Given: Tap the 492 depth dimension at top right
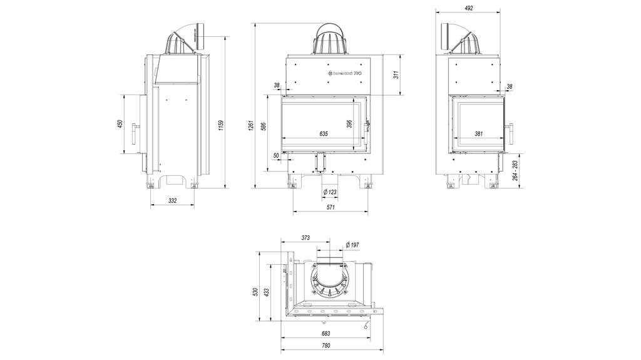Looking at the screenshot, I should pyautogui.click(x=469, y=8).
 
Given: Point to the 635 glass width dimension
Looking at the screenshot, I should pyautogui.click(x=323, y=134).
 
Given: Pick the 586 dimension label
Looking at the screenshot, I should pyautogui.click(x=264, y=126).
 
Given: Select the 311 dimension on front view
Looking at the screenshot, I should pyautogui.click(x=396, y=75).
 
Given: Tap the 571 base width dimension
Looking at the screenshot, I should pyautogui.click(x=329, y=208).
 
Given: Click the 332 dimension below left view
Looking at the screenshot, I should pyautogui.click(x=173, y=200).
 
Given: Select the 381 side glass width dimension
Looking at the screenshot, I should pyautogui.click(x=478, y=134).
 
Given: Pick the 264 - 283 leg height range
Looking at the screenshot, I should pyautogui.click(x=515, y=171).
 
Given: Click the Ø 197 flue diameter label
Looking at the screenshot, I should pyautogui.click(x=352, y=245).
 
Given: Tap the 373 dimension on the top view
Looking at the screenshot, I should pyautogui.click(x=305, y=238).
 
